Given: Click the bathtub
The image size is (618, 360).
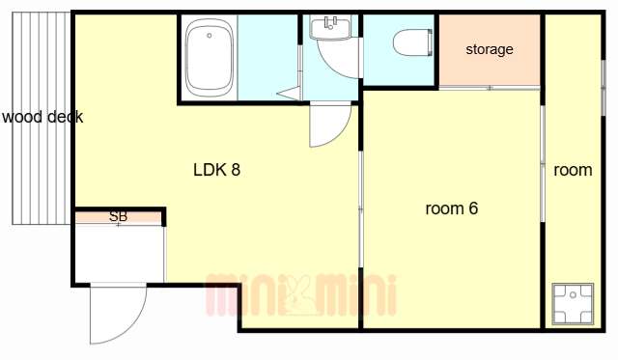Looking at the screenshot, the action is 210,58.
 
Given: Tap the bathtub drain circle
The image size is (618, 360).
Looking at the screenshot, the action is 210,36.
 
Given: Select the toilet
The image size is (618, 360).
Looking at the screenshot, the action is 412,42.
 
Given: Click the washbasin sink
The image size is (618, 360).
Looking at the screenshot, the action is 330,27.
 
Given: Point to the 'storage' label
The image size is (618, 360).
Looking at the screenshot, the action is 490,49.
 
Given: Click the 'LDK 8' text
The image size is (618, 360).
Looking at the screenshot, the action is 216,170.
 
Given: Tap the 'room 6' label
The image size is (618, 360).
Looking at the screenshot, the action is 452,208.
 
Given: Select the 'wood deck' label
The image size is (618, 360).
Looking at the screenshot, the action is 42,117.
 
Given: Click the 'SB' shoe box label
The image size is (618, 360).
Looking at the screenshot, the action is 118,216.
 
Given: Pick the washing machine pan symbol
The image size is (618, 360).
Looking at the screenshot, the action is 573,304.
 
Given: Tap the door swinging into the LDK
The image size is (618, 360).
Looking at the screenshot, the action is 329,125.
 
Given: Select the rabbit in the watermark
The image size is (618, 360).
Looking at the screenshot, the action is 299,295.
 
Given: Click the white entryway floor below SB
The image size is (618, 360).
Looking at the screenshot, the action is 119,254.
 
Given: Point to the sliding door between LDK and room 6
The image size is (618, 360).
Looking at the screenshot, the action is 360,208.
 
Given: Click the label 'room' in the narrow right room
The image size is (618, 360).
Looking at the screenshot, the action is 573,170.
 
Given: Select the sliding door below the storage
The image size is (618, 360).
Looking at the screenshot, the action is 490,88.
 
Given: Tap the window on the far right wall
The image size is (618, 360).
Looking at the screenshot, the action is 603,88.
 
